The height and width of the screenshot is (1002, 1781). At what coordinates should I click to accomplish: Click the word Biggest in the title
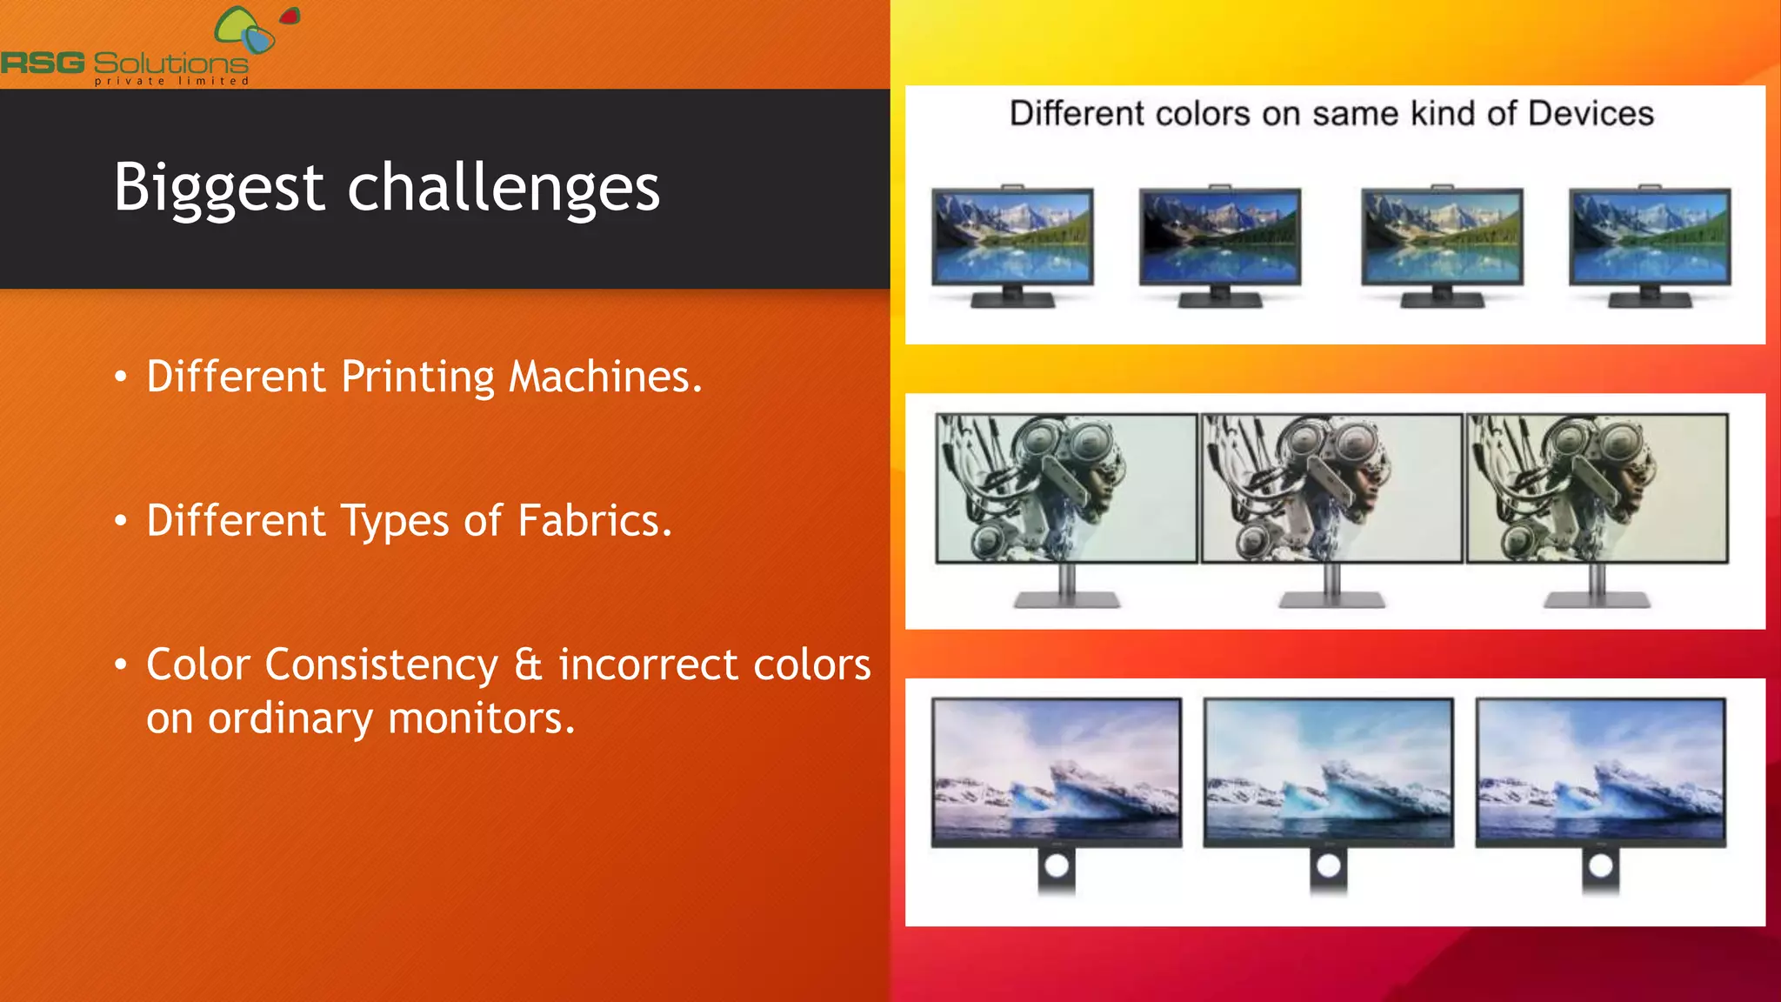pos(219,188)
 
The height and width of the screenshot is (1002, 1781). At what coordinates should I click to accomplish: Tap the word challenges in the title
pos(504,188)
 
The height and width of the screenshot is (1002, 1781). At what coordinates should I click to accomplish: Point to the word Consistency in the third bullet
pos(381,665)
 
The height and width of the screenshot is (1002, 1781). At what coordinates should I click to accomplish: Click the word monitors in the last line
pos(481,718)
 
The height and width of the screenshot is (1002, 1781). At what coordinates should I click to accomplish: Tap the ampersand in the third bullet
pos(528,665)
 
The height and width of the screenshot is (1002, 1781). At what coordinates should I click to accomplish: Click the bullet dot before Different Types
pos(121,521)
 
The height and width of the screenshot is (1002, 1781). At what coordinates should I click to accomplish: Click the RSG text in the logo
pos(43,63)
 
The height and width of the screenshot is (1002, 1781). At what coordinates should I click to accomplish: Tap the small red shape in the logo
pos(290,17)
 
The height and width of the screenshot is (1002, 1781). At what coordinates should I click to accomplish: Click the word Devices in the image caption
pos(1591,114)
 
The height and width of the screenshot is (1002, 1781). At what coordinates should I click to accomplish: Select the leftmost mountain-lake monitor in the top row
pos(1012,237)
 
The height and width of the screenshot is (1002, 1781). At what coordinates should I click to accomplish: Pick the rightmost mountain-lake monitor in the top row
pos(1650,237)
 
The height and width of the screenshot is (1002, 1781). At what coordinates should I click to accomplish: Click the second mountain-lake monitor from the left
pos(1220,237)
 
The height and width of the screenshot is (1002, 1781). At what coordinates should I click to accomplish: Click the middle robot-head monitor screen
pos(1331,488)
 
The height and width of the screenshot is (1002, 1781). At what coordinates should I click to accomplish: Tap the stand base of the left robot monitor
pos(1067,600)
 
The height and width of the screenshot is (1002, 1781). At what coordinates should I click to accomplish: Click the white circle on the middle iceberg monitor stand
pos(1329,865)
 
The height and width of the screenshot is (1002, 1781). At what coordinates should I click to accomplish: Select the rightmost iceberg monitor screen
pos(1600,770)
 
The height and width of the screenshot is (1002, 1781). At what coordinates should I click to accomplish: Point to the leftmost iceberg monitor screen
pos(1057,770)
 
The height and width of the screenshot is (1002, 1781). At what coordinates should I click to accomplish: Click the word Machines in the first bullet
pos(604,377)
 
